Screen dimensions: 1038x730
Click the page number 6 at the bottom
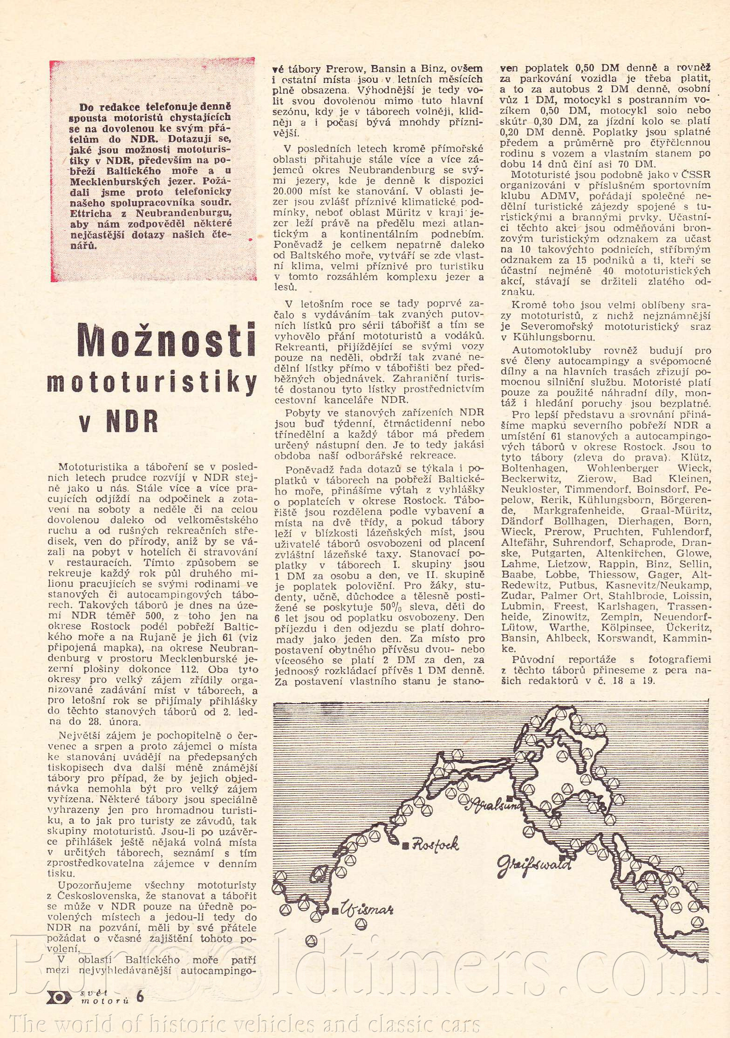coord(140,997)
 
